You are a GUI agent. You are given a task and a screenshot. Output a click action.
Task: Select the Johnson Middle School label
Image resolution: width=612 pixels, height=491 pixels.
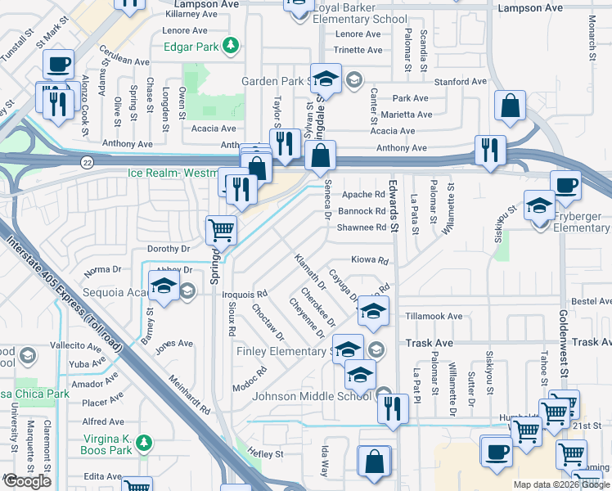click(314, 397)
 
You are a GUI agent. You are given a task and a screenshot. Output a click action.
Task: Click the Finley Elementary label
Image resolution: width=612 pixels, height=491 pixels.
click(281, 352)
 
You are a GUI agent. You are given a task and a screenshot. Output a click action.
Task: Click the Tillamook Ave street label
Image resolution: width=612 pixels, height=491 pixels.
click(434, 316)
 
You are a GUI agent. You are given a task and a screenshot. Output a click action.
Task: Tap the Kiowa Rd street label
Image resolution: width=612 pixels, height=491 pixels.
click(369, 260)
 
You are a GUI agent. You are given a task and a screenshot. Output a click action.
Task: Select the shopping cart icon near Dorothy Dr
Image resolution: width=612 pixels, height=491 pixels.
click(221, 231)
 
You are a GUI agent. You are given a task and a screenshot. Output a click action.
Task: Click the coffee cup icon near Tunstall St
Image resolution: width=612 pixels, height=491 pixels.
click(58, 64)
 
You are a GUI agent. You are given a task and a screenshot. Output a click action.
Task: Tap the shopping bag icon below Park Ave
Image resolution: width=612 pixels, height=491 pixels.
click(510, 106)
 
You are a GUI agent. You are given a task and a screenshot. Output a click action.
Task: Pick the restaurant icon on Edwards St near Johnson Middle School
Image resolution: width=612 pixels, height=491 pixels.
click(394, 407)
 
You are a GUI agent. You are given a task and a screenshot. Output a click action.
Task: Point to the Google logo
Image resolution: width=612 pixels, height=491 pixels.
click(27, 481)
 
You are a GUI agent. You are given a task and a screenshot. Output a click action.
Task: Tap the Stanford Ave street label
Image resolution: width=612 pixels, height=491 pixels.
click(461, 82)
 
